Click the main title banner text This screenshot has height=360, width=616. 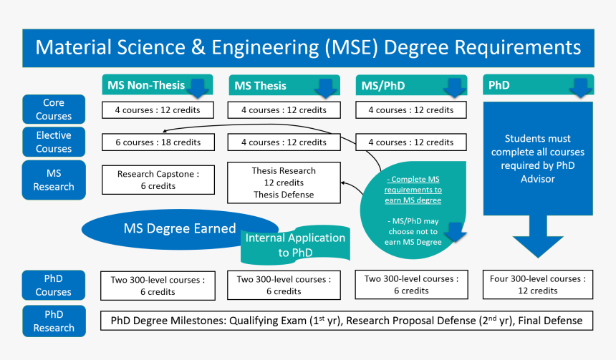pos(308,48)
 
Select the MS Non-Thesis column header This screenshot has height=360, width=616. pos(146,85)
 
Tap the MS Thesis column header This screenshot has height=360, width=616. pos(260,86)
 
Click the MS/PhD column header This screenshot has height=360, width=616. pos(382,86)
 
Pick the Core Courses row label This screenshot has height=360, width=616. pos(54,110)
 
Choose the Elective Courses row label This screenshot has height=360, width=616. pos(54,142)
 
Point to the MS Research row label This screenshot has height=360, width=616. pos(54,180)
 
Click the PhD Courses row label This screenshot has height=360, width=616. pos(54,285)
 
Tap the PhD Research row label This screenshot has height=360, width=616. pos(54,321)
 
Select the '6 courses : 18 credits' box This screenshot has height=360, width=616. pos(158,142)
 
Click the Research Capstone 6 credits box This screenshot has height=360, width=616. pos(158,180)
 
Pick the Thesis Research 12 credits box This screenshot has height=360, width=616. pos(283,183)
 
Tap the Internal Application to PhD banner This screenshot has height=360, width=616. pos(295,245)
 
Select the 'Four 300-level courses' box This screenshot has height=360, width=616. pos(538,285)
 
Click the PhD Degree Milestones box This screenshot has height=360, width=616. pos(347,321)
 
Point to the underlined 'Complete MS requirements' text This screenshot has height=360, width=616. pos(413,190)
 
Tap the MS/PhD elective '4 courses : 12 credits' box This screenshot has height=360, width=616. pos(410,142)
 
